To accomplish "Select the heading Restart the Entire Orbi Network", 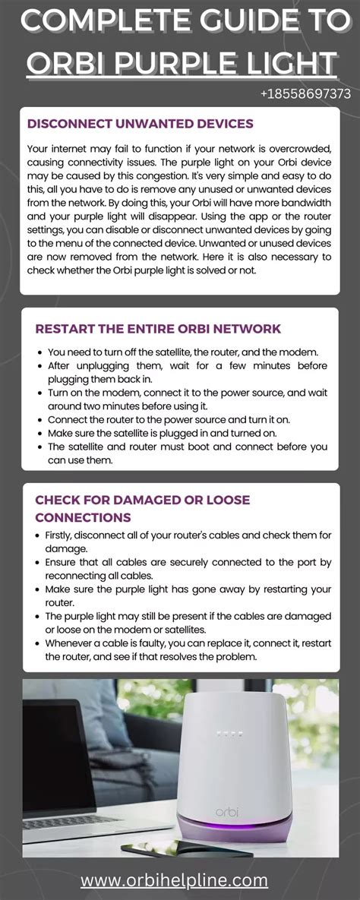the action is tap(158, 328).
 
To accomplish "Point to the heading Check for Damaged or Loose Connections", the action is tap(143, 508).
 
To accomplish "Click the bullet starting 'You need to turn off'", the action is tap(183, 352).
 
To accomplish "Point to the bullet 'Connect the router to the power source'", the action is tap(178, 419).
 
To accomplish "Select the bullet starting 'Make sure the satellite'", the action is tap(172, 433).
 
